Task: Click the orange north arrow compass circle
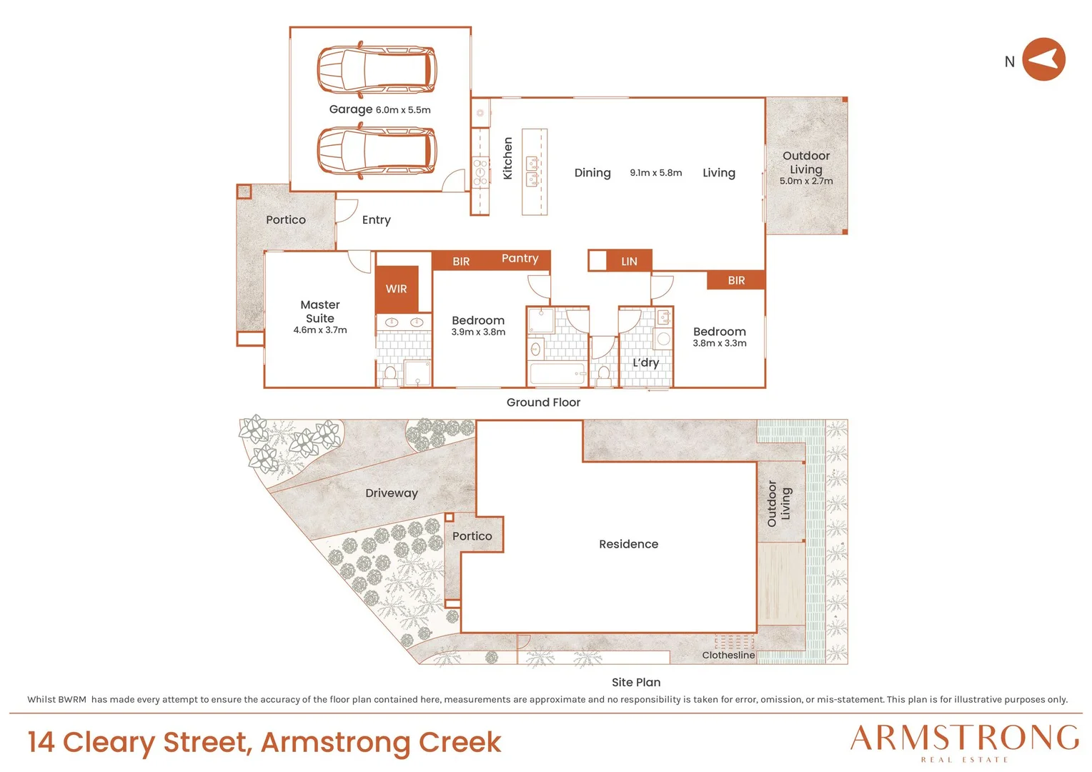1043,59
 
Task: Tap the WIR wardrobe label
396,289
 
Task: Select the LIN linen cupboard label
629,262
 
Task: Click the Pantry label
520,259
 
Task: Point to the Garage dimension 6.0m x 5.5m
403,110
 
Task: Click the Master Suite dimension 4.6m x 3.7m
319,330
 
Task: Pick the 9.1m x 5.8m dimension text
655,173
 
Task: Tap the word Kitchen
507,158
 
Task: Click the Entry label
377,220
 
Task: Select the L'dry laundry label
645,363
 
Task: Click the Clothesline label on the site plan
728,655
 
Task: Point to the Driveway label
392,493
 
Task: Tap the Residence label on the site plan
628,544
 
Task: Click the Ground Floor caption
543,402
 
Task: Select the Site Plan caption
636,682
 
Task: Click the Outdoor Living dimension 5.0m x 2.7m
806,181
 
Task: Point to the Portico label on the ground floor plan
286,220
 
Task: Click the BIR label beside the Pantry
461,262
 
